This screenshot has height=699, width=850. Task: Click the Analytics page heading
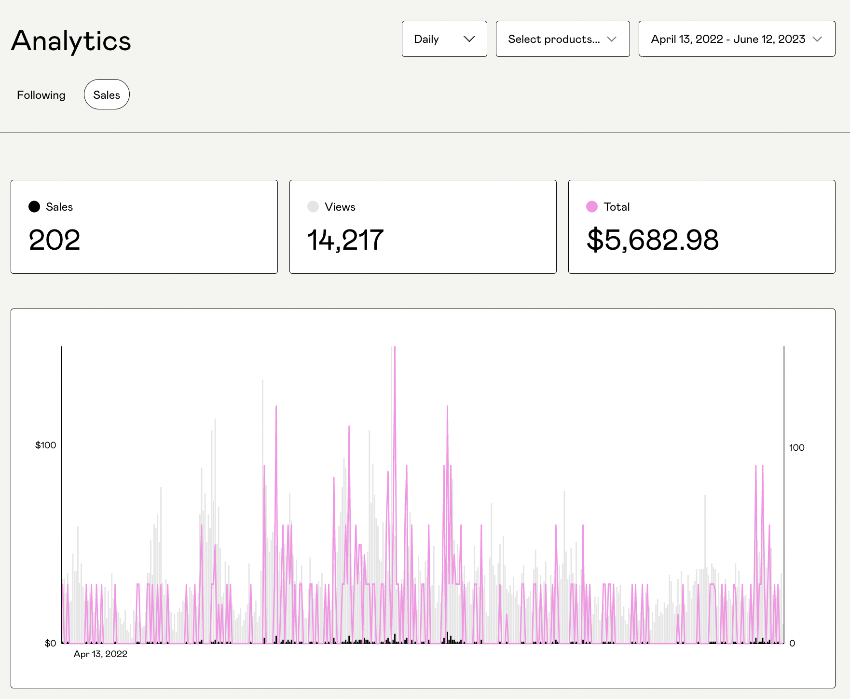(71, 40)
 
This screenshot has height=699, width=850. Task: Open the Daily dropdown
(444, 39)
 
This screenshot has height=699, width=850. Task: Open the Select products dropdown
(562, 39)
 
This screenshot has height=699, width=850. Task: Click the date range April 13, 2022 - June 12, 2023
(728, 39)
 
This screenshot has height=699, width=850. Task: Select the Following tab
(41, 95)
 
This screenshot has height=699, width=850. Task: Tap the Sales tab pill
(107, 95)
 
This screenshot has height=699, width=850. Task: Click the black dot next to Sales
(34, 207)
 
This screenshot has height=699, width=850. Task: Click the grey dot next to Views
(313, 207)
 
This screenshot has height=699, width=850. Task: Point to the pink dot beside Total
(592, 207)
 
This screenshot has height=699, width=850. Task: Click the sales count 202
(55, 240)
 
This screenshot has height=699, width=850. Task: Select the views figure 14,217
(345, 240)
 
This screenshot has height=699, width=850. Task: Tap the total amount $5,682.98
(653, 240)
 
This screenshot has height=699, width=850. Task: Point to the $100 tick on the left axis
(45, 445)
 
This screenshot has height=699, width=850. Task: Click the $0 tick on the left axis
(50, 644)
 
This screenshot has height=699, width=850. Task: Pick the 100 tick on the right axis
(796, 448)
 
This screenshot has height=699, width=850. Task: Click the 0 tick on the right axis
(792, 644)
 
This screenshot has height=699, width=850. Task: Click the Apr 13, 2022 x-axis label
(100, 654)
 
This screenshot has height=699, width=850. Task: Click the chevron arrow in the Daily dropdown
(469, 39)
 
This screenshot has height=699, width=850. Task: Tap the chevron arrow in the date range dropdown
(817, 39)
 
